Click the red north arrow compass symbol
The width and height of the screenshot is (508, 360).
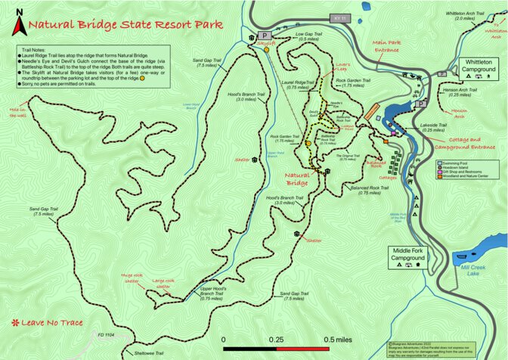pos(18,26)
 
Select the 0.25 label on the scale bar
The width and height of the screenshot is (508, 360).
pos(277,340)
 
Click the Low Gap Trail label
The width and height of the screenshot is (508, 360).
pos(303,36)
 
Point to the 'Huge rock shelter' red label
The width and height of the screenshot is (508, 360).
pos(132,279)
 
